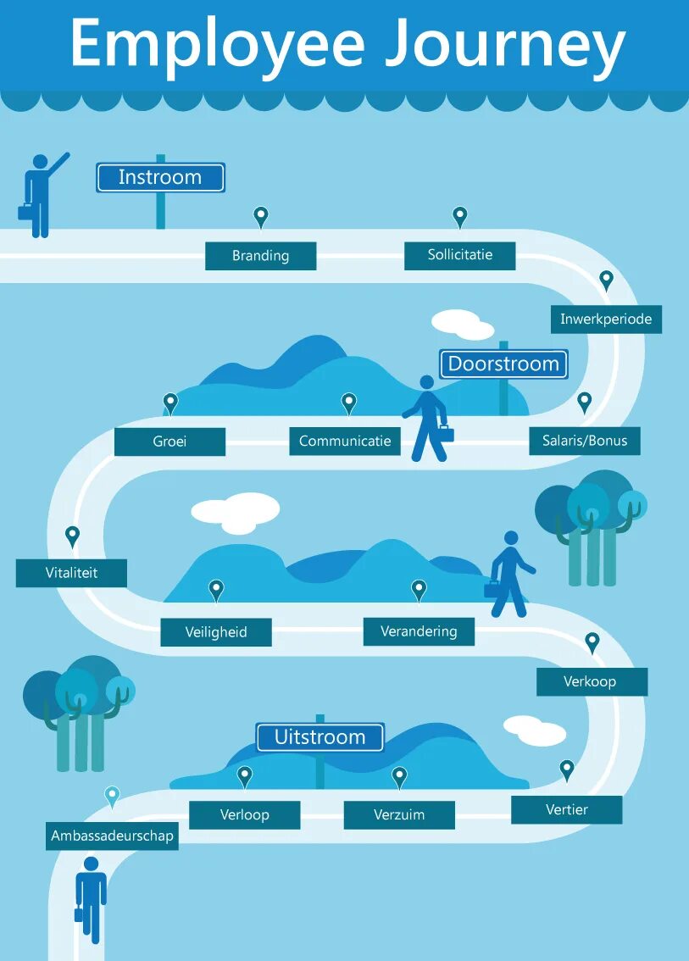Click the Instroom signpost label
[160, 177]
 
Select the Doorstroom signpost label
[503, 364]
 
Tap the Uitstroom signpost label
[319, 737]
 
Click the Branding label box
[260, 256]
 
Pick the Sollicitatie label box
[459, 255]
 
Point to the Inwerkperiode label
[606, 319]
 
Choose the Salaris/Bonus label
[585, 442]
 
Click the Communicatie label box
[345, 442]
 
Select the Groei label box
[169, 442]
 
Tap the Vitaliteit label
[71, 573]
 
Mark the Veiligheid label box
[216, 632]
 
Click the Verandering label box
[419, 631]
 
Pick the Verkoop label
[591, 681]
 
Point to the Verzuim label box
[399, 815]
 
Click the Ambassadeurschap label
[112, 836]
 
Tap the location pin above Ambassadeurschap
[112, 796]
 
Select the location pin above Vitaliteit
[72, 536]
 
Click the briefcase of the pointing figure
[26, 212]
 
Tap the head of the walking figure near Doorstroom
[427, 383]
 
